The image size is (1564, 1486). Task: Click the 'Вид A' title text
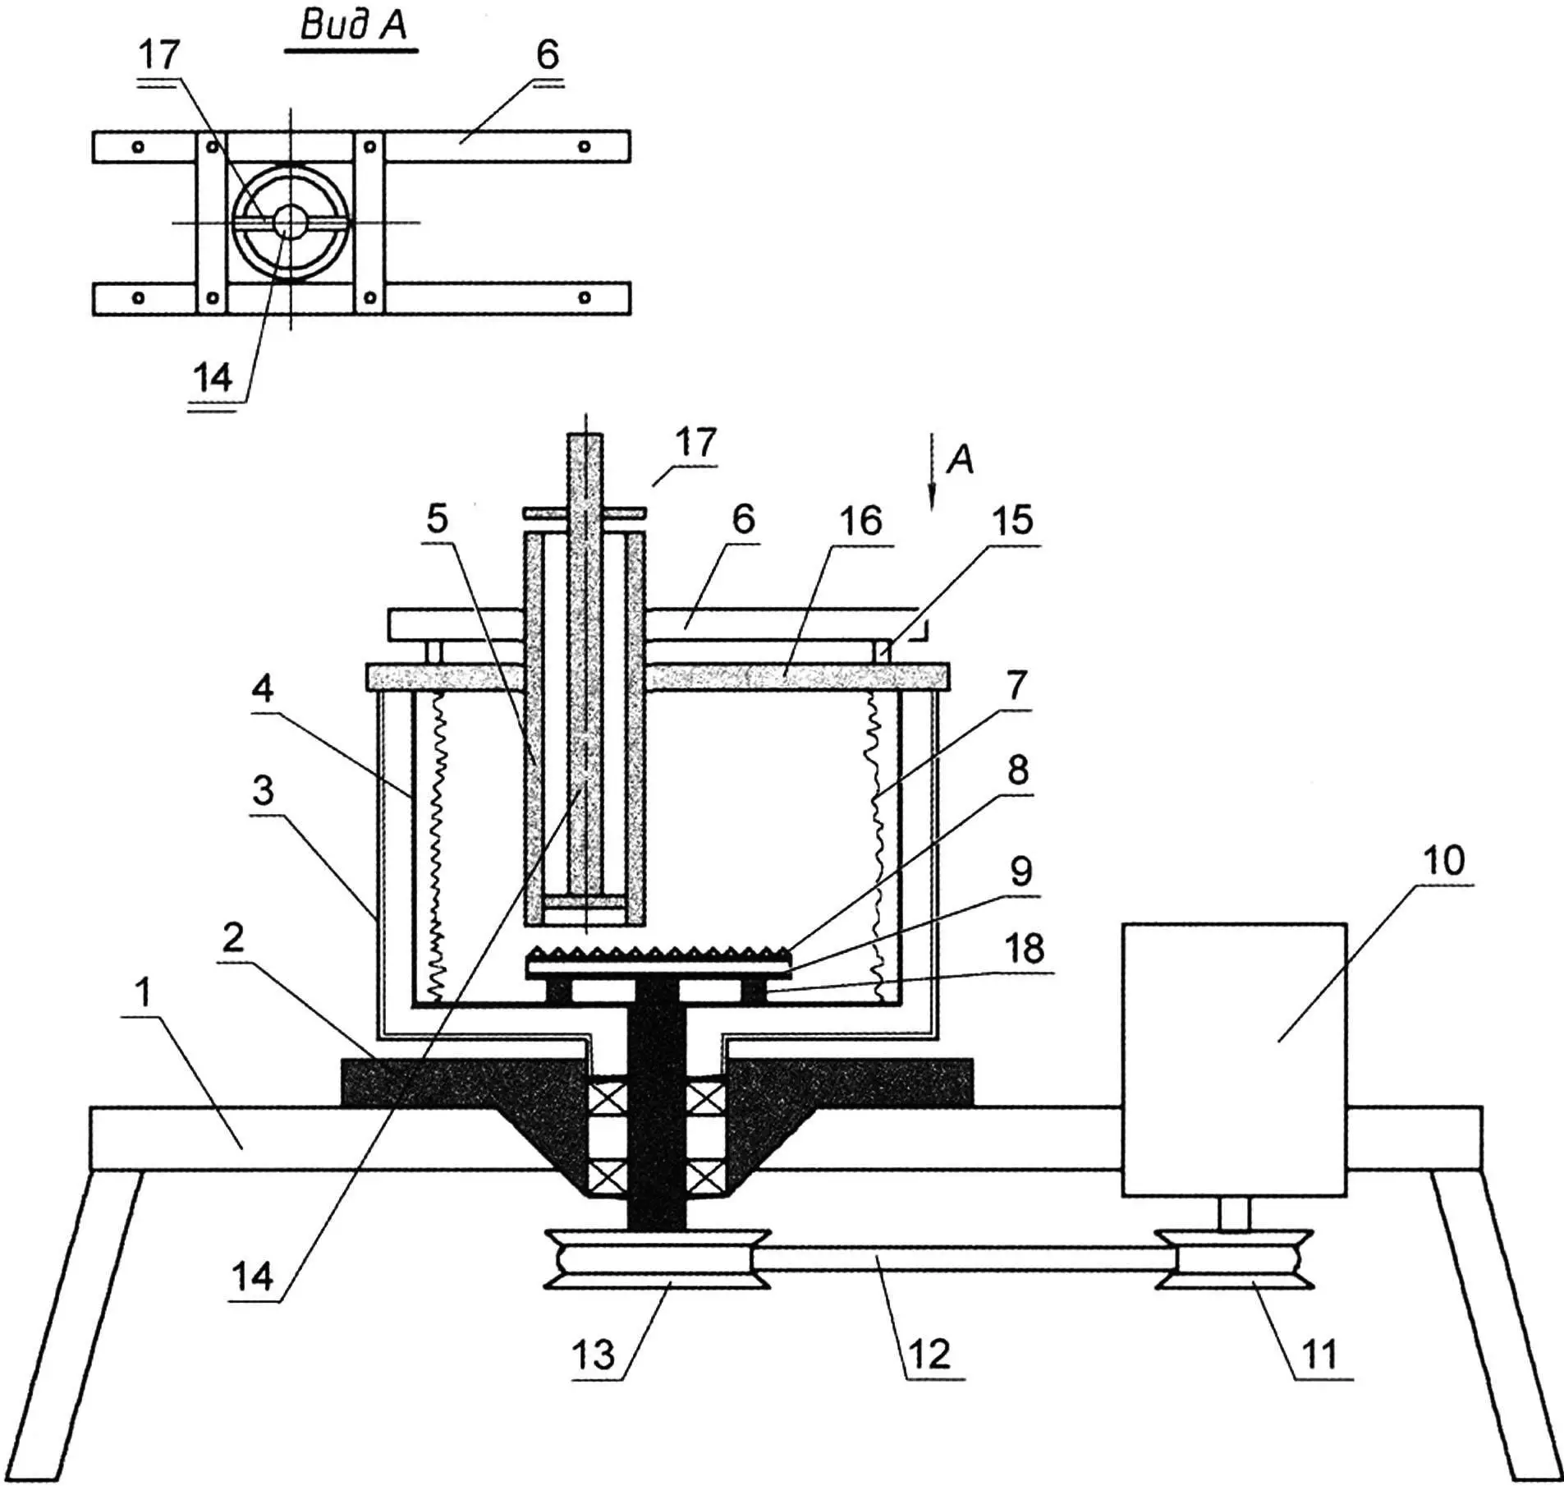[353, 25]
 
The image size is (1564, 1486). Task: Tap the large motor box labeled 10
[1234, 1059]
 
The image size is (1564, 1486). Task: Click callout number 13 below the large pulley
[592, 1354]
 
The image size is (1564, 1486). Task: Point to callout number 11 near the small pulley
[1319, 1354]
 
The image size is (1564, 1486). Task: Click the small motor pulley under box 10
[1234, 1258]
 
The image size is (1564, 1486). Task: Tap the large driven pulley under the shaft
[656, 1259]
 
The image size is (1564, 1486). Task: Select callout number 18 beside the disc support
[1024, 949]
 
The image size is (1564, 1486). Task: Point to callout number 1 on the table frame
[144, 992]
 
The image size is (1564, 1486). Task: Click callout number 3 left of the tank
[263, 790]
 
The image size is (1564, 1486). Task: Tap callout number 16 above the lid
[860, 521]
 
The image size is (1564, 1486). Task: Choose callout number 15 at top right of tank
[1011, 520]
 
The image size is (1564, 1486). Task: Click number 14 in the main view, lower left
[252, 1277]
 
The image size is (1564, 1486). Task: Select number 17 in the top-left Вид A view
[158, 55]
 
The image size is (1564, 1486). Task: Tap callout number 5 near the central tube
[437, 519]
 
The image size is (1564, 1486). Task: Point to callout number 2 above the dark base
[233, 938]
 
